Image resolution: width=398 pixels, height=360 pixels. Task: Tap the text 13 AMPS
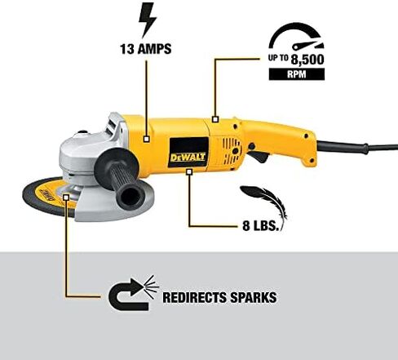pos(146,49)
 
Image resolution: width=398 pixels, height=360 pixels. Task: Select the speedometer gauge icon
pos(296,37)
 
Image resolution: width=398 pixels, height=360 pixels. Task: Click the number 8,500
pos(307,60)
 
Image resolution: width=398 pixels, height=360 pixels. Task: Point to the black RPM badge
pos(297,74)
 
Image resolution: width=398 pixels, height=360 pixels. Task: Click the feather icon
pos(264,202)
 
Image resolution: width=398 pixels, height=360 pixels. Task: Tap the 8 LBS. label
pos(261,226)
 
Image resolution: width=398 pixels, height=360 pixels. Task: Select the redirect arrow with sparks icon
pos(133,293)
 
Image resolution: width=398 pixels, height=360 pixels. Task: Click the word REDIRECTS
pos(194,297)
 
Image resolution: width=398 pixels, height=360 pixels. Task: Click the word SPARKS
pos(254,297)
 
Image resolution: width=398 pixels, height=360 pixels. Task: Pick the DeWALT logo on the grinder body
pos(188,158)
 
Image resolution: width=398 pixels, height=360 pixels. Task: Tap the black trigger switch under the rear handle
pos(258,155)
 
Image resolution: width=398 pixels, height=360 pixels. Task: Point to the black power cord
pos(356,147)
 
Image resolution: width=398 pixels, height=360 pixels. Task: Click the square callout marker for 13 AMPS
pos(147,139)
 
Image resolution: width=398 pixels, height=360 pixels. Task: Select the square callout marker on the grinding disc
pos(66,198)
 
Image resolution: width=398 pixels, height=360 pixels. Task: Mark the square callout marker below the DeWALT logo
pos(189,171)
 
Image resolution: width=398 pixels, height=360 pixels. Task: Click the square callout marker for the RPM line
pos(215,119)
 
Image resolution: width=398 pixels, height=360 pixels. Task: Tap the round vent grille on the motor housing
pos(232,150)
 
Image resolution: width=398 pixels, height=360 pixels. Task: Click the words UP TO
pos(278,58)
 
